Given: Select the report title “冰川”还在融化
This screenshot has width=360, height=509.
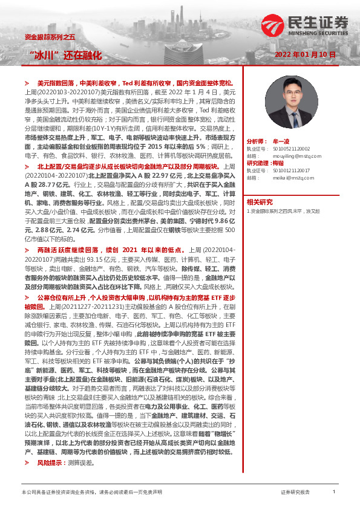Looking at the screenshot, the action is tap(66, 55).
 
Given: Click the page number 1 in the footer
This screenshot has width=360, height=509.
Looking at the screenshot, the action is tap(333, 492).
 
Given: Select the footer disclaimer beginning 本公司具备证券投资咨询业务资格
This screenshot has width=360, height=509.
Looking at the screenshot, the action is tap(91, 493).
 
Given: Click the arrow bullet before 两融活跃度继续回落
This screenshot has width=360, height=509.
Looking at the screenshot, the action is tap(27, 266).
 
